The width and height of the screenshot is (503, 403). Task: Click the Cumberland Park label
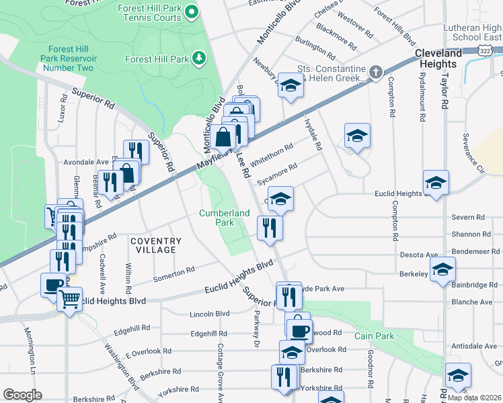click(x=225, y=218)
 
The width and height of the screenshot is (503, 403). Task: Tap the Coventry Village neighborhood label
click(x=156, y=245)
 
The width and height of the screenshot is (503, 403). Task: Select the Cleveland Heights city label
click(x=438, y=58)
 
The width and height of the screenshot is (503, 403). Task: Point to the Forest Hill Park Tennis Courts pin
click(x=192, y=11)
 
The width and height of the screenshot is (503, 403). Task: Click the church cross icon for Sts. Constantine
click(x=375, y=71)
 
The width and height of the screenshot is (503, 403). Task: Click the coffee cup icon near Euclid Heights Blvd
click(x=53, y=285)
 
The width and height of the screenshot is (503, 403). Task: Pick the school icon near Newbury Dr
click(x=291, y=85)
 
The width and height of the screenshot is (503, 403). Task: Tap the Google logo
click(x=22, y=395)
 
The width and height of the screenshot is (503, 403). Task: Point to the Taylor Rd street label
click(x=444, y=91)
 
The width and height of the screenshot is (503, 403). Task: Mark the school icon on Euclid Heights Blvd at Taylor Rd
click(x=436, y=182)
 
